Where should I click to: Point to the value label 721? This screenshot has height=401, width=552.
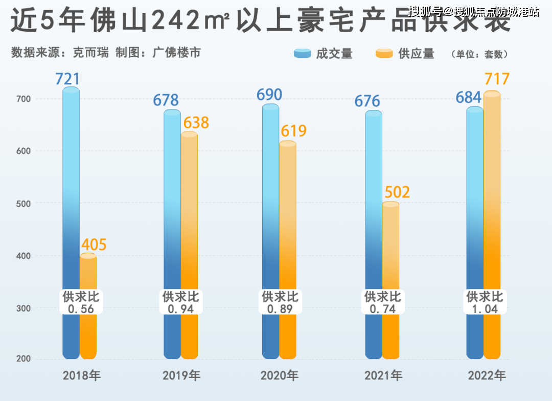click(67, 79)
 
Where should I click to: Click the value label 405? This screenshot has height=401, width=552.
click(94, 244)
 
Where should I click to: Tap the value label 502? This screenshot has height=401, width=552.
click(397, 192)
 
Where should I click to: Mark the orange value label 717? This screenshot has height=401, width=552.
click(497, 79)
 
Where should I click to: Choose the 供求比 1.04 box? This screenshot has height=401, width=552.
click(485, 302)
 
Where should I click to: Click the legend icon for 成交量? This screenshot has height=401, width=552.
click(302, 54)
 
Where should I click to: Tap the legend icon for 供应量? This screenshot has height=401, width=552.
click(384, 54)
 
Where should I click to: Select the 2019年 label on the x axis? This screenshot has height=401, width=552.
click(181, 376)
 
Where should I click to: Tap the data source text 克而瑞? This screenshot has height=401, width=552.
click(90, 53)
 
